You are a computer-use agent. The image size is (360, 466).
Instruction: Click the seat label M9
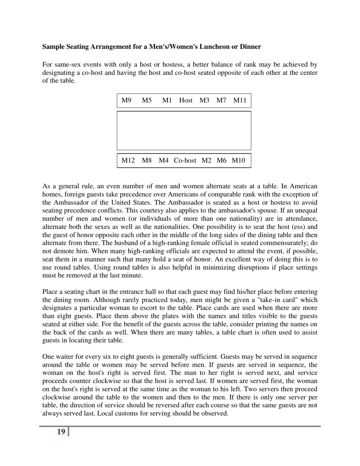[x=126, y=100]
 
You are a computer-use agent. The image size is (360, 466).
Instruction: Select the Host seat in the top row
[x=186, y=100]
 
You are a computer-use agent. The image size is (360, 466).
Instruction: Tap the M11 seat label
[x=240, y=100]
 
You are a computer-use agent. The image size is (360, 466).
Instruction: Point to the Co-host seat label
[x=185, y=160]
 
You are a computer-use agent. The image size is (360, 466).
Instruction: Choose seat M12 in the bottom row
[x=128, y=160]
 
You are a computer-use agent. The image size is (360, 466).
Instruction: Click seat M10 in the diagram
[x=238, y=160]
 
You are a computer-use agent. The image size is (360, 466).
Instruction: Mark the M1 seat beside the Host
[x=167, y=100]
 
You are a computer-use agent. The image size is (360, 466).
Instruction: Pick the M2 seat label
[x=206, y=160]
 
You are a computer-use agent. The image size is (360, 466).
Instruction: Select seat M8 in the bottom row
[x=147, y=160]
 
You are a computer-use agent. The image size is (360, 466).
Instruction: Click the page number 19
[x=61, y=432]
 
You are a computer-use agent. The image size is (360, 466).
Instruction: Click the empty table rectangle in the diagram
[x=184, y=130]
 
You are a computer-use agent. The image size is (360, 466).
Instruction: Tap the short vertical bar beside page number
[x=69, y=432]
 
